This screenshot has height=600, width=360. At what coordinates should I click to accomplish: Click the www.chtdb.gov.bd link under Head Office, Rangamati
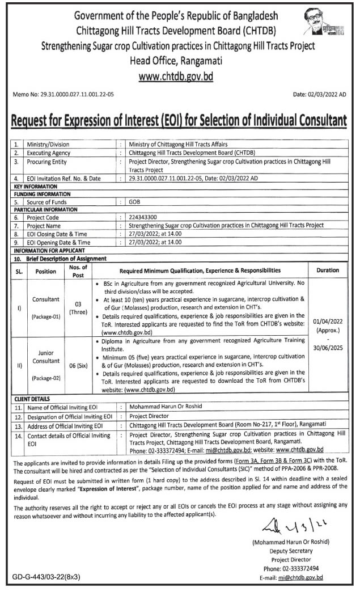tap(180, 75)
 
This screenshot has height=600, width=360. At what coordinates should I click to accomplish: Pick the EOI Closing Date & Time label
tap(59, 233)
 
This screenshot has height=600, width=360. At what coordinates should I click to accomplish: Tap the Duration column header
tap(328, 271)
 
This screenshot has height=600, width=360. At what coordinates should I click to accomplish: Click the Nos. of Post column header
tap(77, 271)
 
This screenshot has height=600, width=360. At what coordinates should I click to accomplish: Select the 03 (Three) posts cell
tap(77, 308)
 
